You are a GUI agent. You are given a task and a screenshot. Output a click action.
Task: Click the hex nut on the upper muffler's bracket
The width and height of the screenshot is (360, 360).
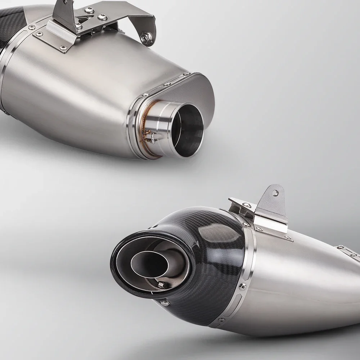[147, 38]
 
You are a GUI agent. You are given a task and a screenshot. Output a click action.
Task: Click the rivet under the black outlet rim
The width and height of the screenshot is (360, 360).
[165, 303]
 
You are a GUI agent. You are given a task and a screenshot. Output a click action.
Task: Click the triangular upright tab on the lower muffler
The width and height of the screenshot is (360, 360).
[274, 203]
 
